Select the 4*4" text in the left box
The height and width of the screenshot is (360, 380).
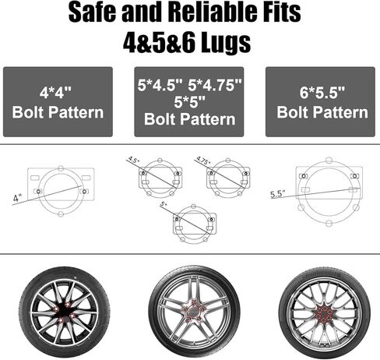tap(55, 92)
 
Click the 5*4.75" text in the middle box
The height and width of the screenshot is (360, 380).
tap(215, 85)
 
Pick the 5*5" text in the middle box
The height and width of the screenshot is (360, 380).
tap(189, 102)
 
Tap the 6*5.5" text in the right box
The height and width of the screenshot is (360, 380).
tap(322, 92)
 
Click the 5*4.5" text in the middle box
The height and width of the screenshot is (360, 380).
tap(160, 85)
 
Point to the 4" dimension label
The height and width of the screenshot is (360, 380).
tap(16, 198)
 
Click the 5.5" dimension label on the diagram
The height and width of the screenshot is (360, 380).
tap(278, 194)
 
